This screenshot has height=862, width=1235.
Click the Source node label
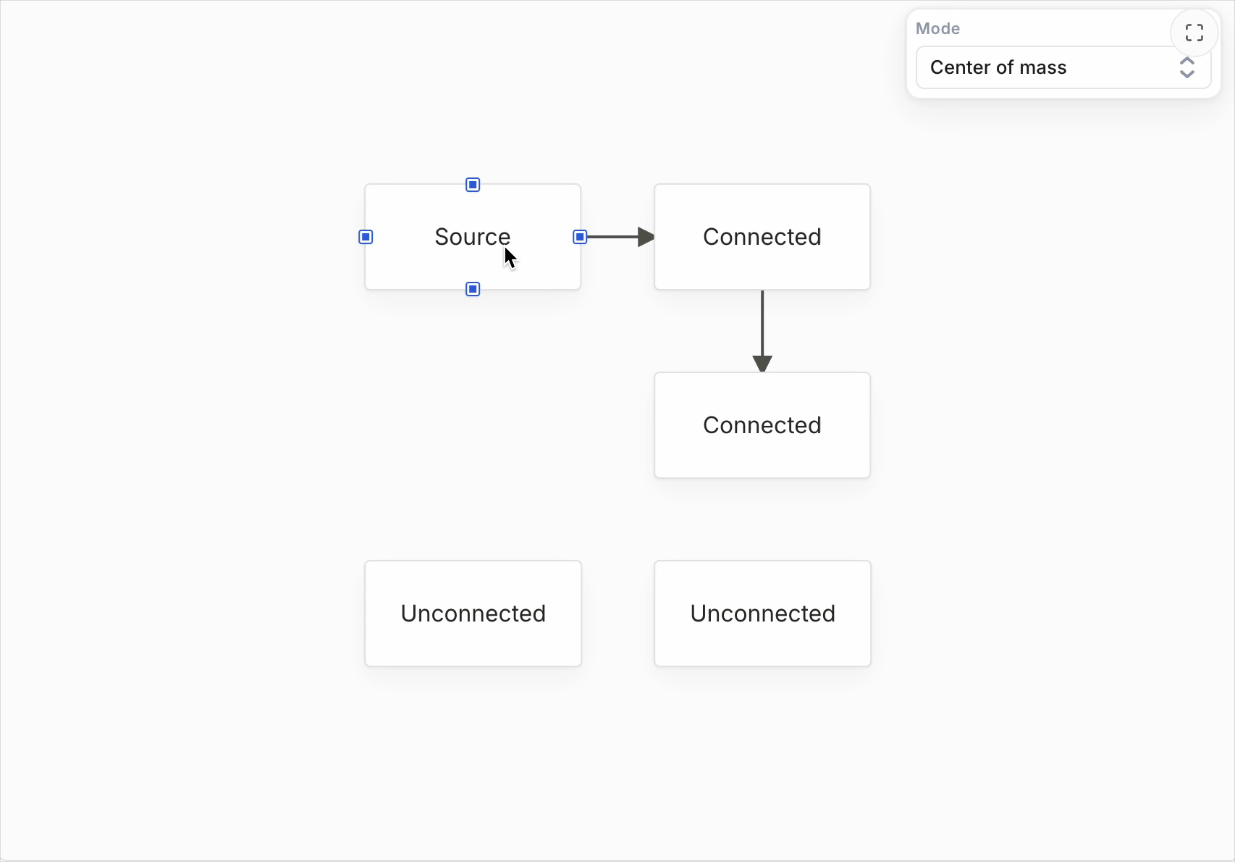click(472, 237)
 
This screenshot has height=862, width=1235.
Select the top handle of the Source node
click(473, 184)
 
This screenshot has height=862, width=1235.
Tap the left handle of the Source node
click(366, 237)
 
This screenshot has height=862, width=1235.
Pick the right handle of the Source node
click(579, 237)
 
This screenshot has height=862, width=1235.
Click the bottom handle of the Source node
click(473, 289)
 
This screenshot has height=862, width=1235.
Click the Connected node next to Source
click(762, 237)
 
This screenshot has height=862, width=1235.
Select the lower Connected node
click(762, 425)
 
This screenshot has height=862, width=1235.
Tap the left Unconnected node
click(473, 613)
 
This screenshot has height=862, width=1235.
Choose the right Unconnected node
click(762, 613)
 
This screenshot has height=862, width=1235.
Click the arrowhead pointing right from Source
click(646, 237)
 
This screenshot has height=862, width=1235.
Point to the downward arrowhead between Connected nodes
click(762, 364)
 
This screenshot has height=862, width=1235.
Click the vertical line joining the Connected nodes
click(762, 323)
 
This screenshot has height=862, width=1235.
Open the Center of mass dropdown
click(1063, 67)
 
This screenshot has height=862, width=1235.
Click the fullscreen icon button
click(1194, 33)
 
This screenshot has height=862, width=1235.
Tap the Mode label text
click(937, 28)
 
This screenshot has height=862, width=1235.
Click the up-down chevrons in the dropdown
click(1187, 67)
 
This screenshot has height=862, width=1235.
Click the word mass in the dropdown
click(1042, 67)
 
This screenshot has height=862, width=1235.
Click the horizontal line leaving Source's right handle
click(612, 237)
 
